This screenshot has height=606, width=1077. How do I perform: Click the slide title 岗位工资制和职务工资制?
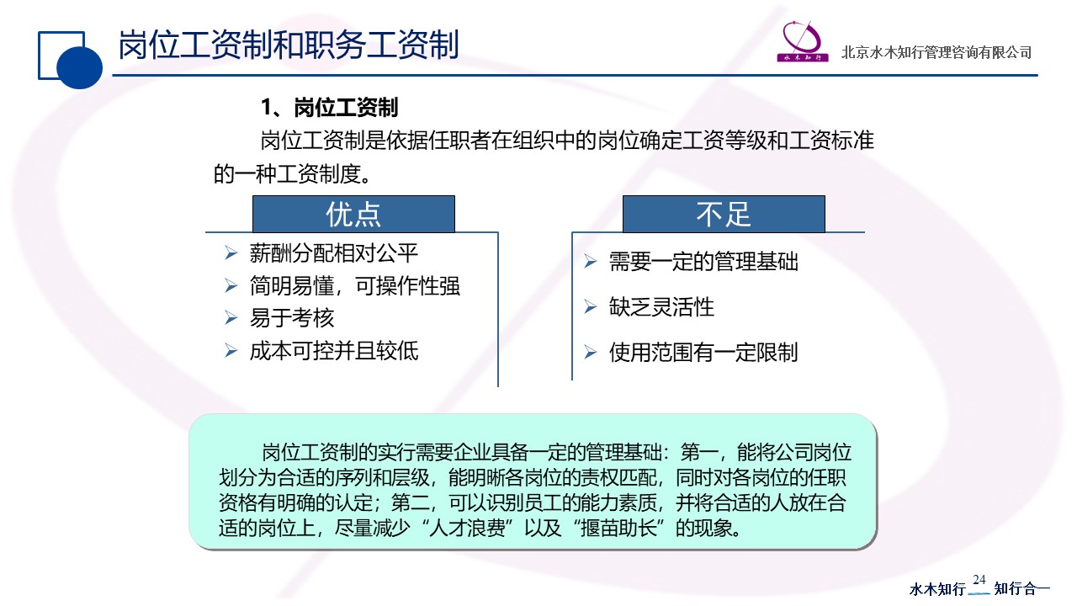[289, 45]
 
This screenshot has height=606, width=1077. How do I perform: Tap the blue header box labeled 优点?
[353, 214]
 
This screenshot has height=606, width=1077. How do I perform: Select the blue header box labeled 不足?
[724, 214]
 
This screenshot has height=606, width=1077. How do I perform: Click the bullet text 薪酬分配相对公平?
[334, 253]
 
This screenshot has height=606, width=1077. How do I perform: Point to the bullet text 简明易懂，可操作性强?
[355, 286]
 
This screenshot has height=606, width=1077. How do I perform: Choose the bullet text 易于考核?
[291, 318]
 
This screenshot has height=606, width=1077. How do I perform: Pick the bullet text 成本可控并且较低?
[334, 351]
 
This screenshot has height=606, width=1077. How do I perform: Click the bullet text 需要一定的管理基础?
[703, 262]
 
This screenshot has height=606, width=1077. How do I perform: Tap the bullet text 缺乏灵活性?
[661, 307]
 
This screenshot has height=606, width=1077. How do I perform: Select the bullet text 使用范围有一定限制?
[703, 353]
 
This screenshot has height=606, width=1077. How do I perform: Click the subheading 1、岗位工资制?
[329, 107]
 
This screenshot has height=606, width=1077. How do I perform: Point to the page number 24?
[979, 580]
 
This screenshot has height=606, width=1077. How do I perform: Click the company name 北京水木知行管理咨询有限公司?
[936, 52]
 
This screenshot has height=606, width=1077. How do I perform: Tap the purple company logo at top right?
[803, 41]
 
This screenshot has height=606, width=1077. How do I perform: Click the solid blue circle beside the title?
[79, 66]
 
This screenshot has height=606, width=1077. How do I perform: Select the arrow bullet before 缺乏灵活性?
[591, 307]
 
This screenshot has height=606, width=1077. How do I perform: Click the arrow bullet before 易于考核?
[231, 318]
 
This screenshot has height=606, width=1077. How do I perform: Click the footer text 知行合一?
[1021, 588]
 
